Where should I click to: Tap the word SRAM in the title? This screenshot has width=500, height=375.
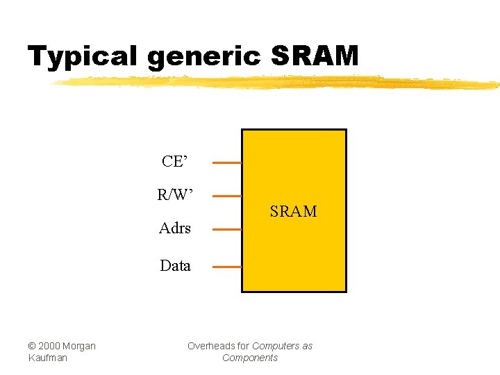click(x=315, y=56)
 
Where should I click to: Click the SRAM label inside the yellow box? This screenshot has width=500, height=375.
click(x=293, y=211)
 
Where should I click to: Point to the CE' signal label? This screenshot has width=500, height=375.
click(x=174, y=162)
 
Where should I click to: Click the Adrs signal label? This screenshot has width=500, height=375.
click(x=174, y=228)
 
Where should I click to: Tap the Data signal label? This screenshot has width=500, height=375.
click(x=175, y=265)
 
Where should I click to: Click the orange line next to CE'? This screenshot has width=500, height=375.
click(x=226, y=163)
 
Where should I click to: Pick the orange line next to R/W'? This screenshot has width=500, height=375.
click(x=226, y=196)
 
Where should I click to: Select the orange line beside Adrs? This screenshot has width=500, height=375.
click(x=226, y=229)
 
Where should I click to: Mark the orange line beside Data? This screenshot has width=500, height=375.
click(x=226, y=267)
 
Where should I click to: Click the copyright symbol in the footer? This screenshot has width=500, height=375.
click(x=32, y=346)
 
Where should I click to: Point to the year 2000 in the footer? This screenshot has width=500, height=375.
click(x=49, y=346)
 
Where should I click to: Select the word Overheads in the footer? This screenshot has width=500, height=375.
click(x=210, y=346)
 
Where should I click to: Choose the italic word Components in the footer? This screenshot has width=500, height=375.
click(x=250, y=358)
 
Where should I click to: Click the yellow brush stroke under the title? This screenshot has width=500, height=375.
click(x=278, y=83)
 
